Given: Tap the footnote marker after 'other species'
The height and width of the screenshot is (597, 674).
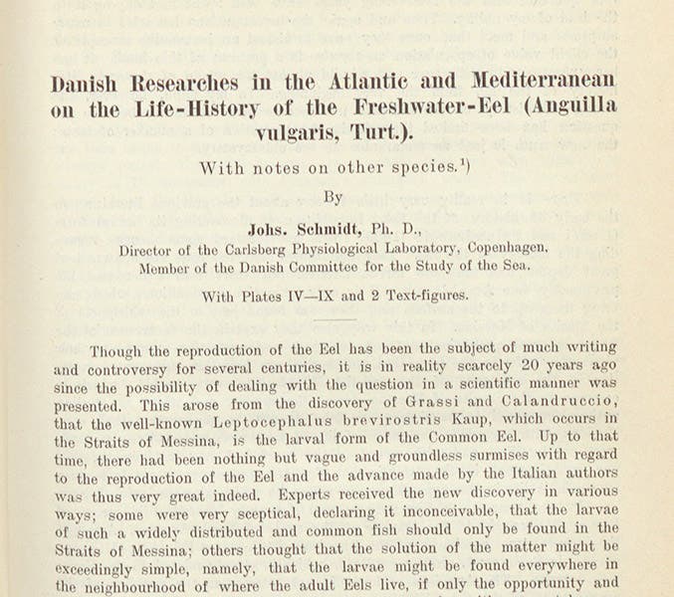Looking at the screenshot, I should (x=464, y=163).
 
